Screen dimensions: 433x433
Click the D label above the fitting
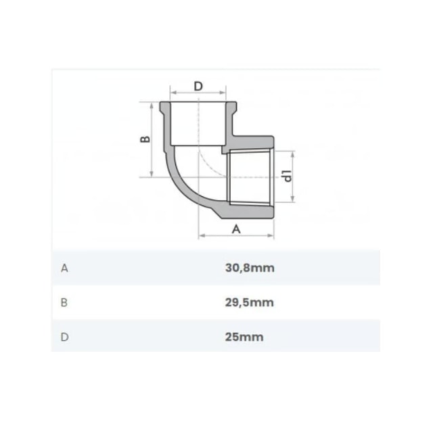coord(198,86)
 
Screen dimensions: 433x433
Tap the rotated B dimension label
coord(145,139)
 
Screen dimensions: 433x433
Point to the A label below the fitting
coord(236,229)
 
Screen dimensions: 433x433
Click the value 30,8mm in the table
coord(250,268)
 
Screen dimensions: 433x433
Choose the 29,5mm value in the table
coord(250,302)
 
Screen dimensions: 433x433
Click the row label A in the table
coord(65,268)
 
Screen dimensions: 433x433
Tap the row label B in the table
coord(64,302)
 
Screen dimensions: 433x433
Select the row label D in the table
coord(65,337)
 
